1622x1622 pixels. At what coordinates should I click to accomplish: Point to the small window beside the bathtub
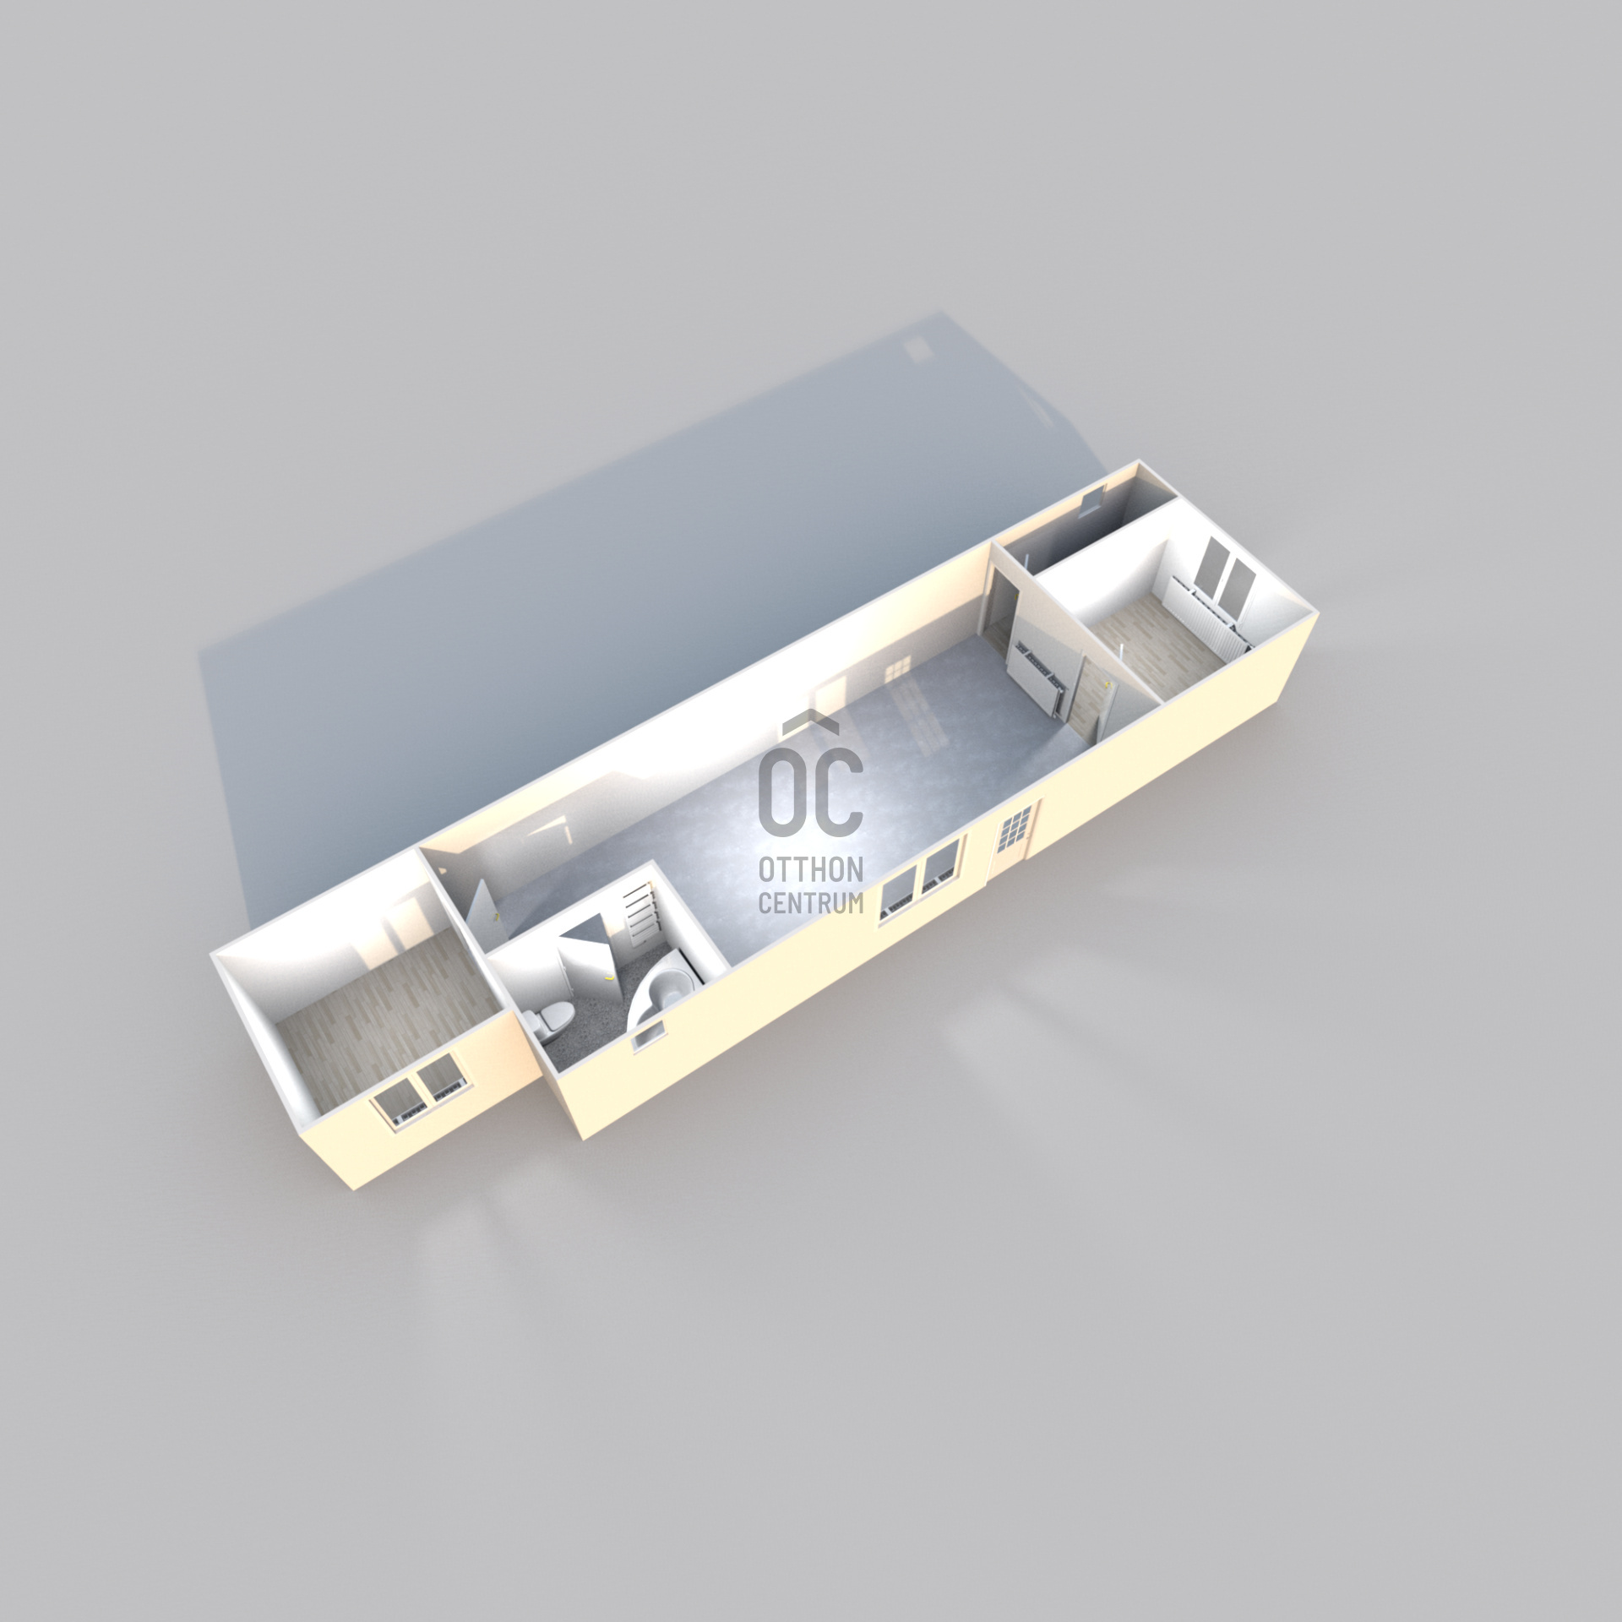(x=648, y=1037)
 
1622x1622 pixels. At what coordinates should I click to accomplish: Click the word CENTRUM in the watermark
(x=810, y=903)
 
